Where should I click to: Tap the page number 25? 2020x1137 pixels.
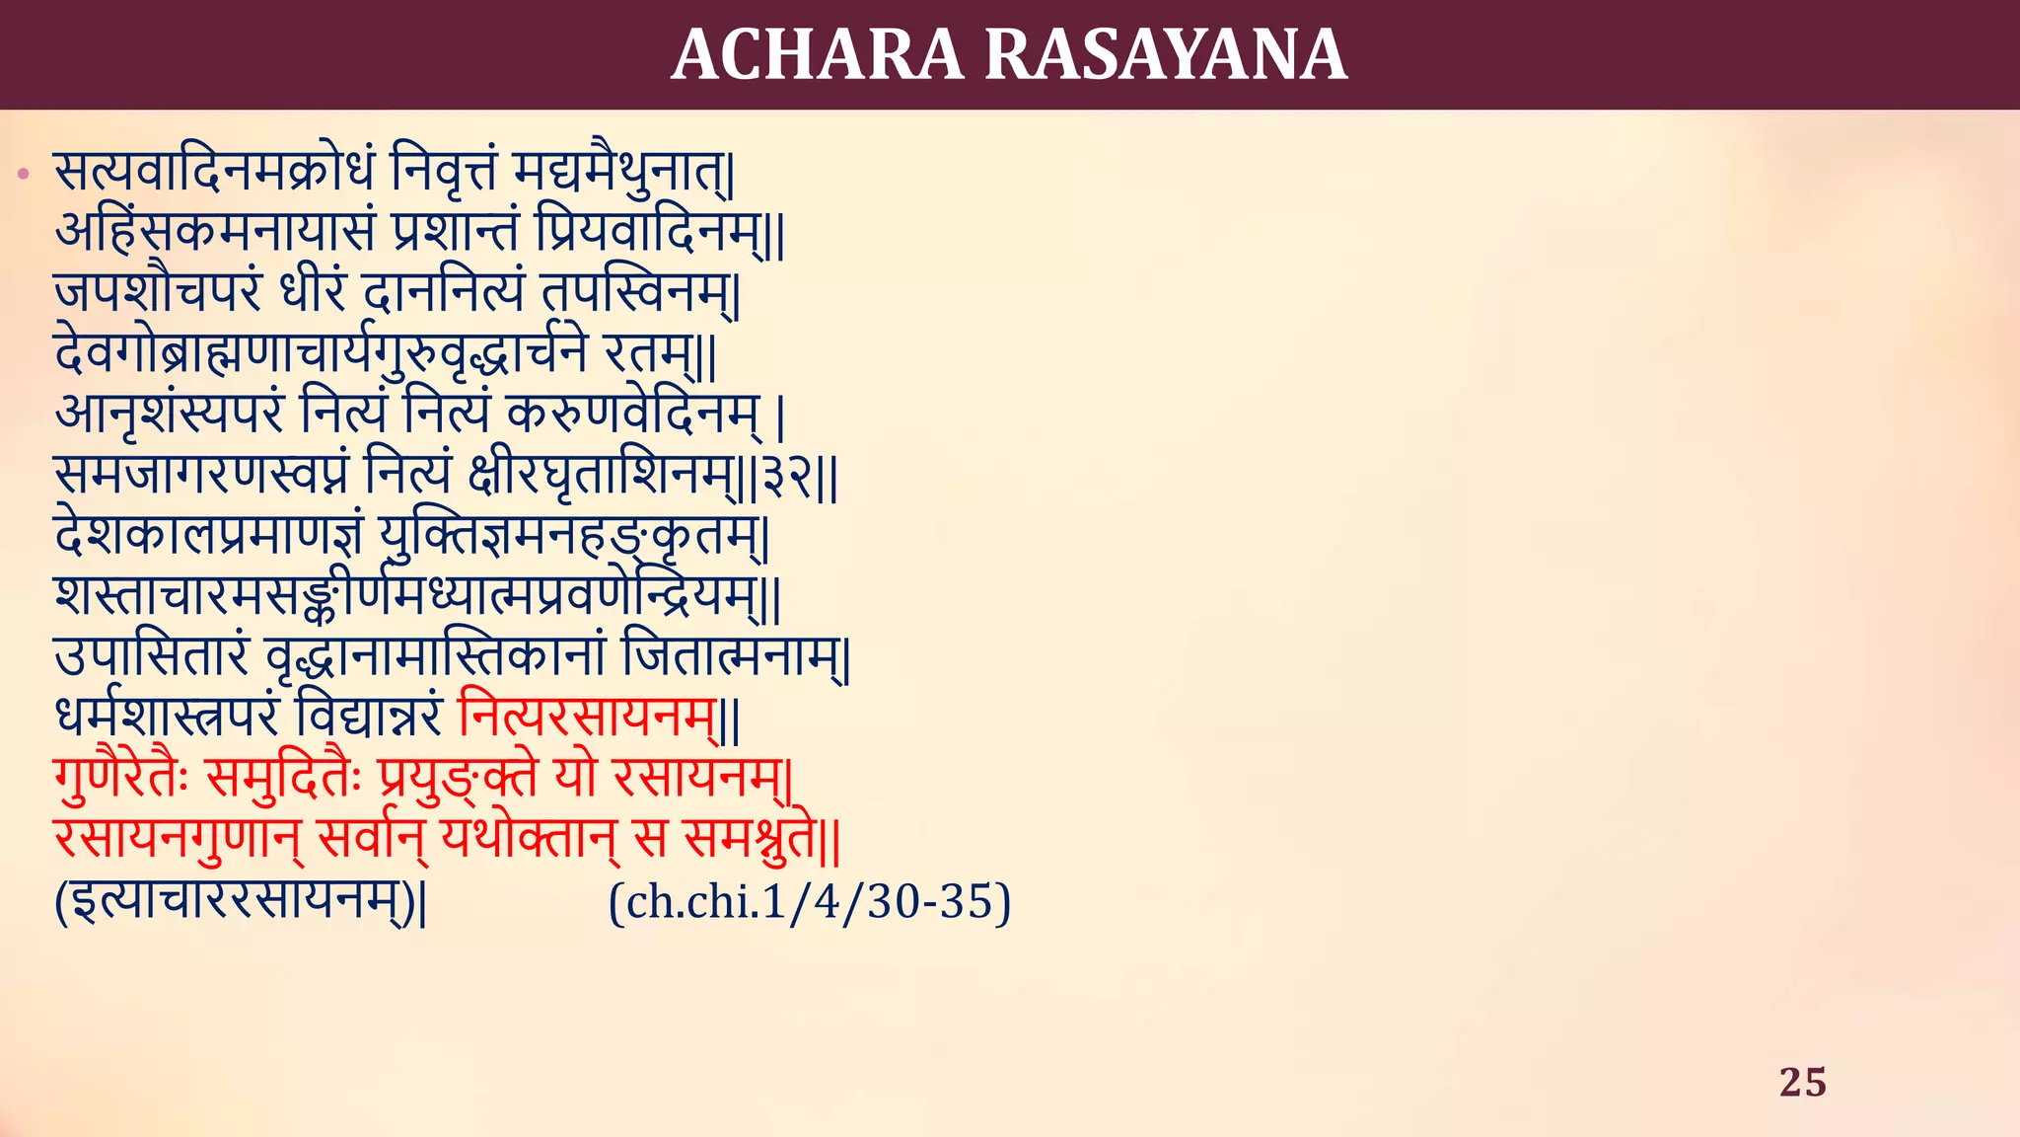click(1802, 1082)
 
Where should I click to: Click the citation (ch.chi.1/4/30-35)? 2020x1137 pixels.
click(810, 901)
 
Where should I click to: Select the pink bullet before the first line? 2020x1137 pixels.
click(24, 176)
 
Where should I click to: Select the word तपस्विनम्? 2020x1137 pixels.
click(636, 293)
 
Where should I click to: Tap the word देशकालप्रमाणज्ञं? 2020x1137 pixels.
click(208, 536)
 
